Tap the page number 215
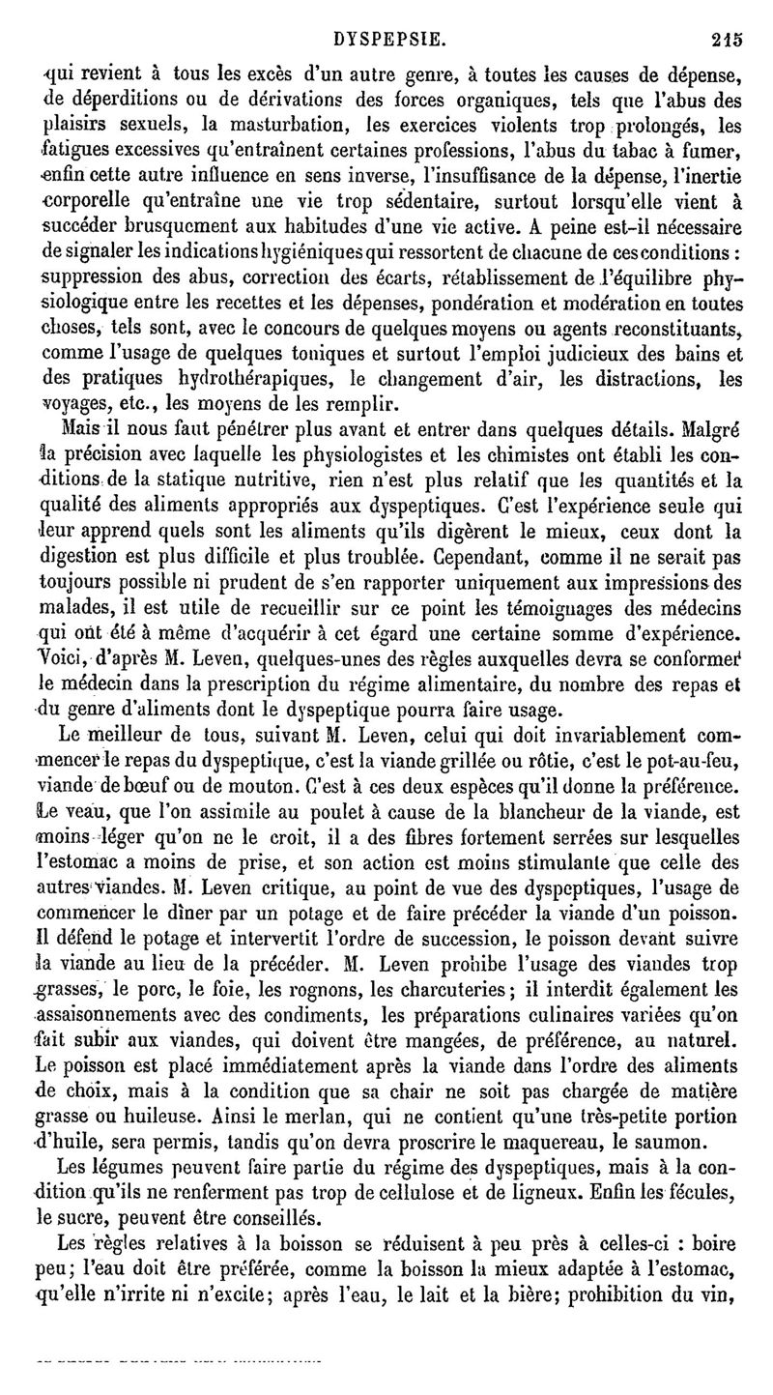point(726,15)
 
